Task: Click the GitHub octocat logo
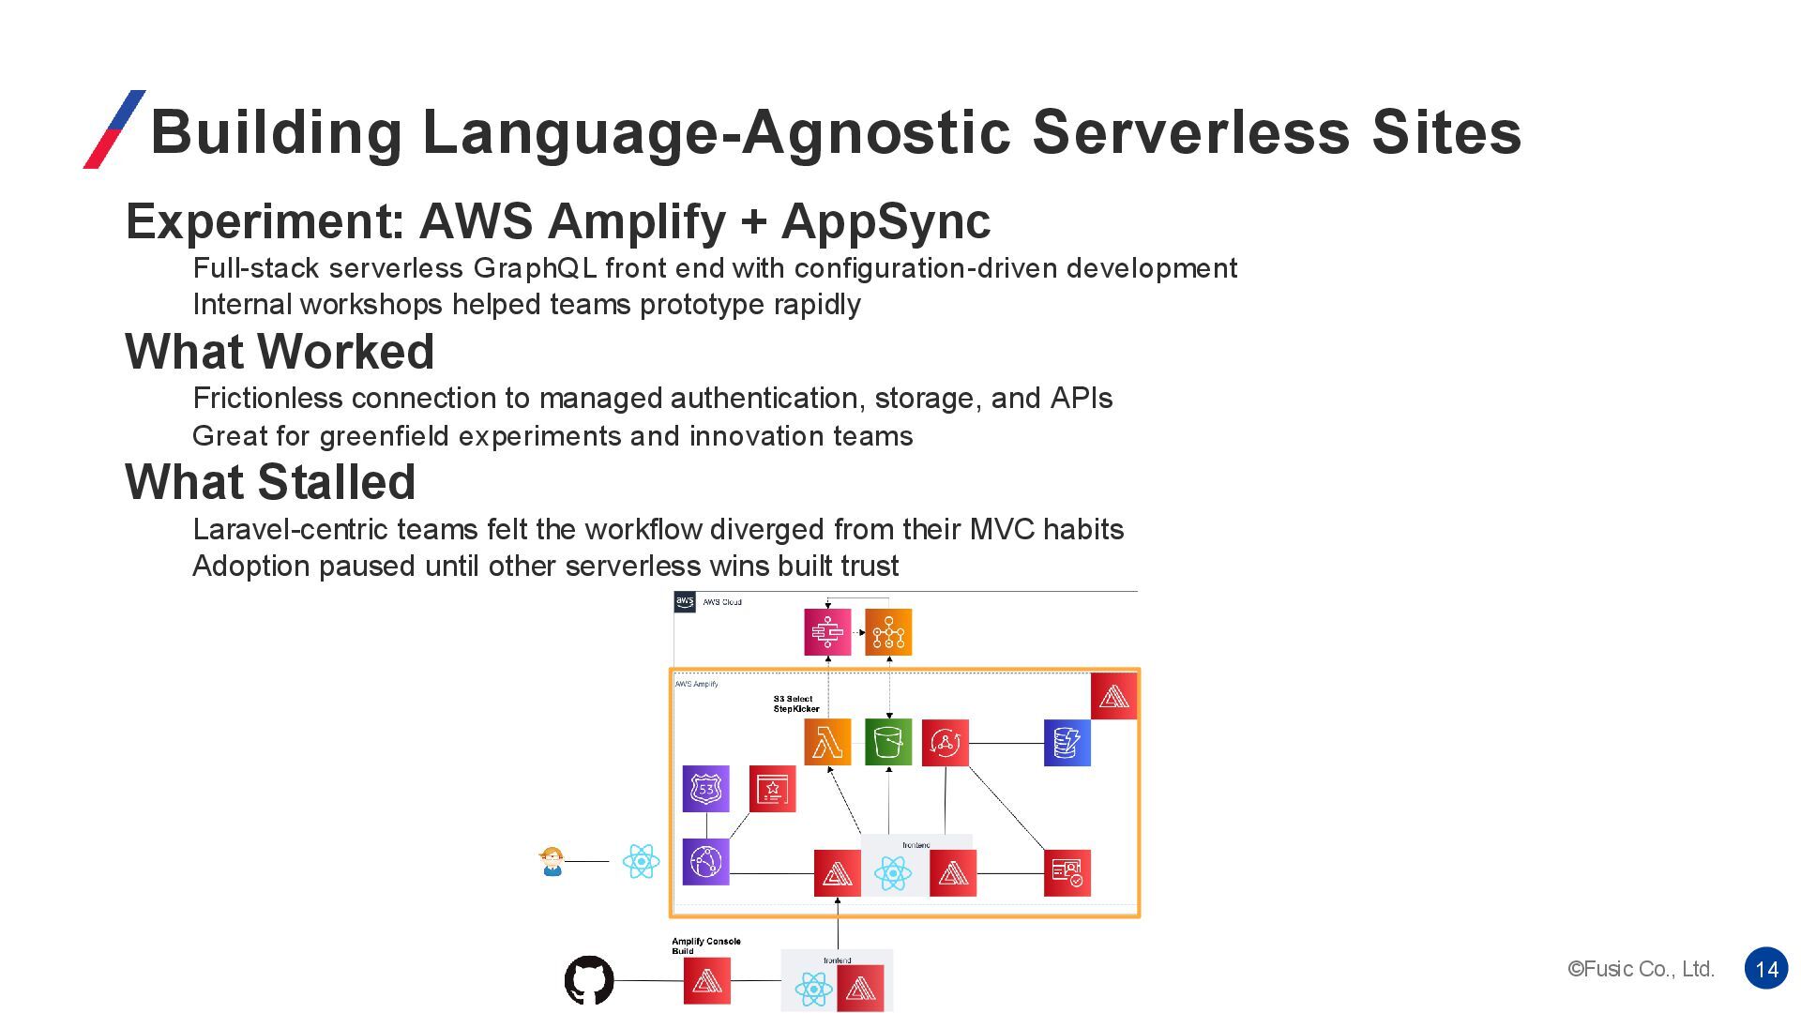(x=589, y=980)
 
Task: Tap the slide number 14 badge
(x=1766, y=969)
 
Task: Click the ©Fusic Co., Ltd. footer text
(x=1641, y=969)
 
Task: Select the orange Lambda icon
(x=827, y=742)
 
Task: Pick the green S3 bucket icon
(x=887, y=742)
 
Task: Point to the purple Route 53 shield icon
(x=705, y=789)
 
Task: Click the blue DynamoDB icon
(x=1067, y=743)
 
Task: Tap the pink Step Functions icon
(x=827, y=631)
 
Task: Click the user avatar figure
(x=552, y=861)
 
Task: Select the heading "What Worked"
(x=280, y=352)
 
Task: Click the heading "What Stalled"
(x=270, y=482)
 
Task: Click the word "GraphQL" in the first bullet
(x=535, y=268)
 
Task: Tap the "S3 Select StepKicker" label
(x=795, y=703)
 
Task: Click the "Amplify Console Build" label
(x=705, y=945)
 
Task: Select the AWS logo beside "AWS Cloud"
(x=685, y=601)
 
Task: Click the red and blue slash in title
(x=114, y=129)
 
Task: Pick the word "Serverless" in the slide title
(x=1191, y=131)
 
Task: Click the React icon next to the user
(x=641, y=861)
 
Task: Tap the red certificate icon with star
(x=772, y=789)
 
